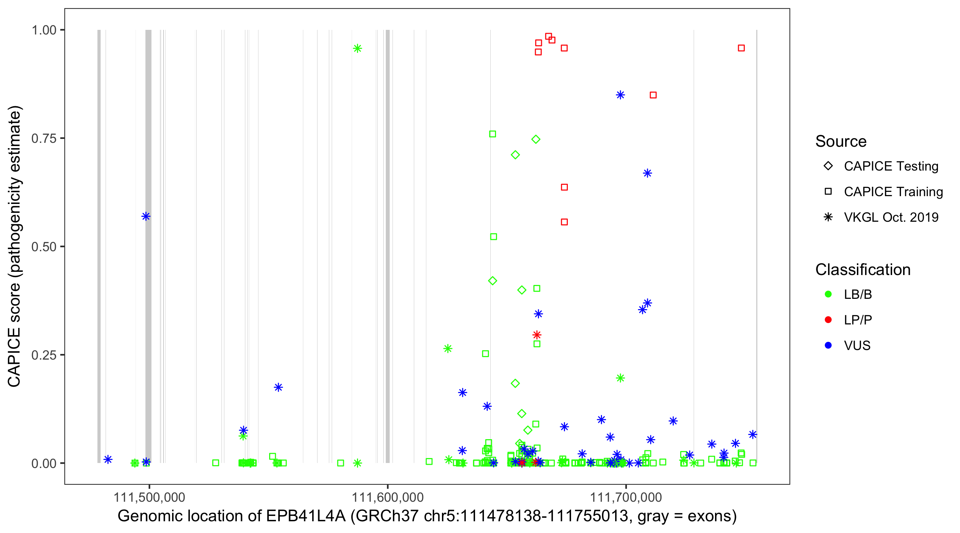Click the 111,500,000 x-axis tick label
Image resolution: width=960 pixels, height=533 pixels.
click(x=149, y=497)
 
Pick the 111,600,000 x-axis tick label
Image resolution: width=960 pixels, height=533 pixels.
click(x=388, y=497)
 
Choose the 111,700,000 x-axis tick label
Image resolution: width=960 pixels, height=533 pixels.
click(x=626, y=497)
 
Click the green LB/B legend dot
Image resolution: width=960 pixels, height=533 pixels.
click(x=828, y=294)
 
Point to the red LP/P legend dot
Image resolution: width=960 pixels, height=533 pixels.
click(x=828, y=320)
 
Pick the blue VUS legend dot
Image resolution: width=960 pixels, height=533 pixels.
click(x=828, y=346)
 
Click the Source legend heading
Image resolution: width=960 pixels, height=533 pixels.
click(x=841, y=141)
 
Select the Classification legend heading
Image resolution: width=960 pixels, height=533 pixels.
click(x=863, y=270)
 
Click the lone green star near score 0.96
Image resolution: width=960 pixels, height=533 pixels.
click(x=357, y=48)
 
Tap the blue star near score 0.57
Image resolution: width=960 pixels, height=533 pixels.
click(x=146, y=216)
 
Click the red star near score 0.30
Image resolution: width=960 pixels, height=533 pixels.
click(x=537, y=335)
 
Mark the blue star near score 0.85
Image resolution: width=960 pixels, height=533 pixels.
click(x=620, y=95)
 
